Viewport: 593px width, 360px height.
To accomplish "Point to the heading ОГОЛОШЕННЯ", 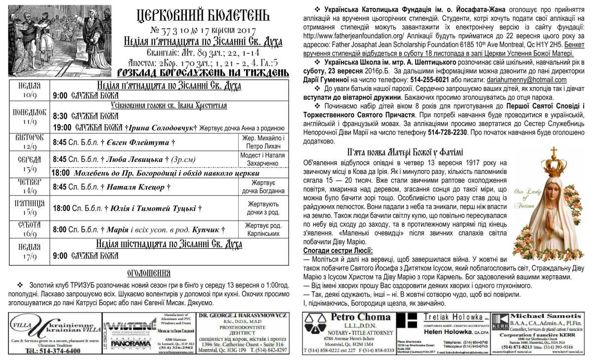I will pos(149,273).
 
